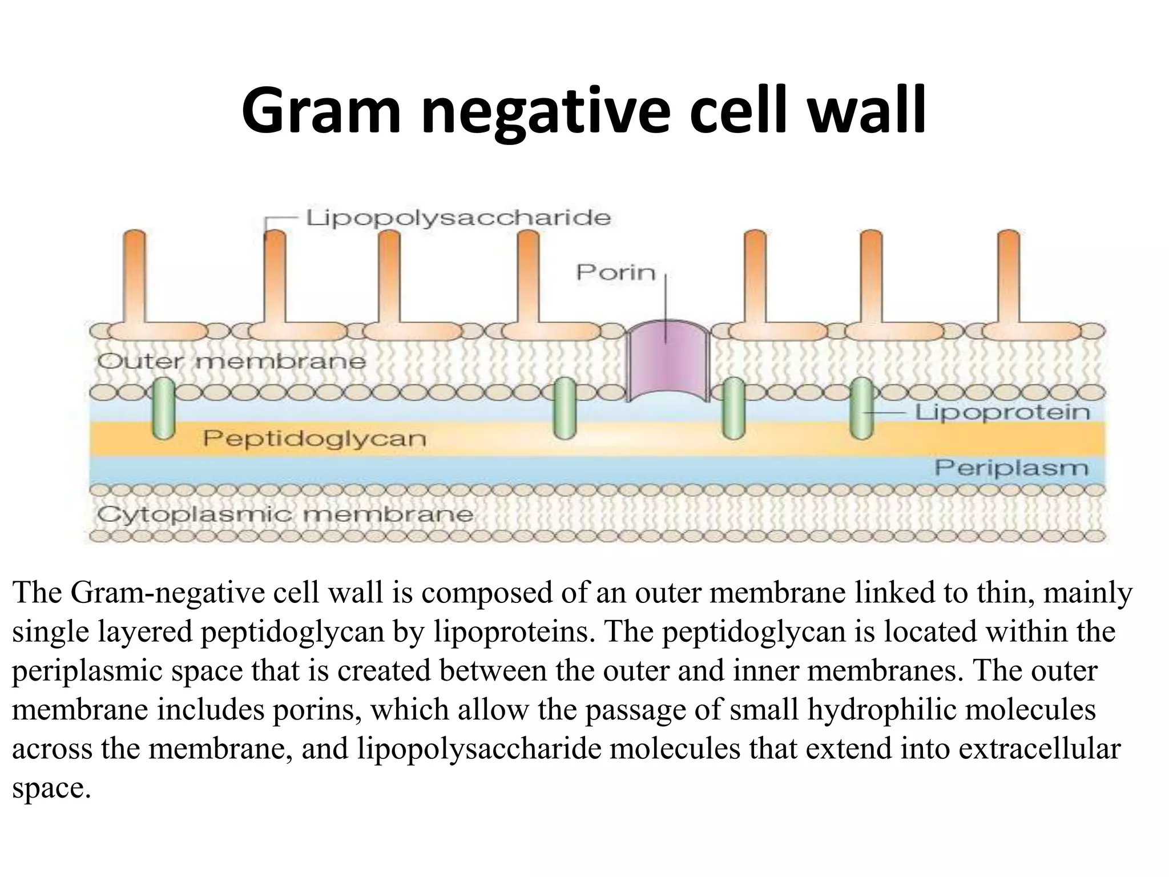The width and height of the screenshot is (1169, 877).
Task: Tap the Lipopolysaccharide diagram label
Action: [x=458, y=218]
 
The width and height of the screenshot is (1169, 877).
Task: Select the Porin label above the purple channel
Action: [x=616, y=272]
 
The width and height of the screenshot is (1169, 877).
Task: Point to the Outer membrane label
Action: [x=231, y=361]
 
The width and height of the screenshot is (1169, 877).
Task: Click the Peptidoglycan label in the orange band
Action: [x=315, y=438]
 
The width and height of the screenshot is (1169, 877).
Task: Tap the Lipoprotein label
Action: [x=1002, y=412]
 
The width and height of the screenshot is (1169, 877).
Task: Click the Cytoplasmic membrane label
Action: [x=284, y=514]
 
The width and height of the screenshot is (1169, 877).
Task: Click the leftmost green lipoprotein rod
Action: [x=163, y=408]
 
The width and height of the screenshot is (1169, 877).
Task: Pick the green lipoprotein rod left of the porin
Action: [x=565, y=408]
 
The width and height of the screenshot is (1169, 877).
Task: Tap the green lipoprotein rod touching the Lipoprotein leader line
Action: [x=861, y=408]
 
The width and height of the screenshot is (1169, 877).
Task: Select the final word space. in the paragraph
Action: [x=51, y=789]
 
